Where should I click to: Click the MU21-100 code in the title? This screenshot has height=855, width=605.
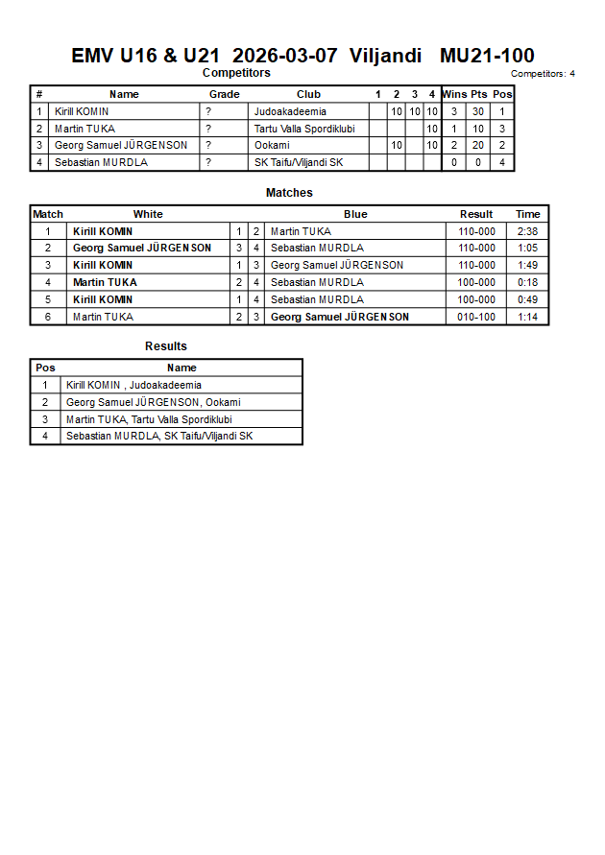point(487,56)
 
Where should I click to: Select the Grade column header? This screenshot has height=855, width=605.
point(224,94)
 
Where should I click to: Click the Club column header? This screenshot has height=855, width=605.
point(308,94)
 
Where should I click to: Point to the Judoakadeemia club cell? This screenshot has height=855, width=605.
point(290,111)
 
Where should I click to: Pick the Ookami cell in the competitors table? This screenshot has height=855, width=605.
point(272,145)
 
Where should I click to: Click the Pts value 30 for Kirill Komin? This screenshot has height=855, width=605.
point(478,111)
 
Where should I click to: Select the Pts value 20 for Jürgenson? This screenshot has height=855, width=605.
point(478,145)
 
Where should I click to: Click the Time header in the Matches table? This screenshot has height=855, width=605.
point(527,214)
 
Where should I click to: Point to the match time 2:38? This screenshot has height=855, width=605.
point(527,231)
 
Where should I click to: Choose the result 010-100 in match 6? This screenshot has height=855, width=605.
point(476,317)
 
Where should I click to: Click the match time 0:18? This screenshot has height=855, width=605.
point(527,282)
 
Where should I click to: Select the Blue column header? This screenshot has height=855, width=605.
point(355,214)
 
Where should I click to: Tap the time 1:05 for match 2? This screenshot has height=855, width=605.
point(527,248)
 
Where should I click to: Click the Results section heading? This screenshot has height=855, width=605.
point(166,346)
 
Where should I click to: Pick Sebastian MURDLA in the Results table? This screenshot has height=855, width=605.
point(159,436)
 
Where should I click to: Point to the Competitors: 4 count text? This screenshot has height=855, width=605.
point(543,74)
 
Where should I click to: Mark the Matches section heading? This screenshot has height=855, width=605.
point(289,193)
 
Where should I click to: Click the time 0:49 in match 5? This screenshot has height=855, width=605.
point(527,299)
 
